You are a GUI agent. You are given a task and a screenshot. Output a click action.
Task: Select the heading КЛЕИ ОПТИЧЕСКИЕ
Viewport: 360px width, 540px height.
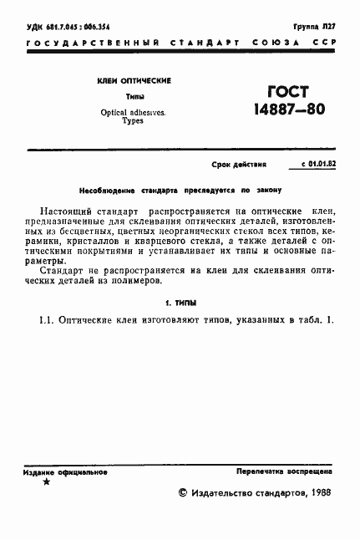(x=134, y=81)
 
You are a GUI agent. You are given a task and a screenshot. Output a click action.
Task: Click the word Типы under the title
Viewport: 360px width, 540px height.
(x=134, y=97)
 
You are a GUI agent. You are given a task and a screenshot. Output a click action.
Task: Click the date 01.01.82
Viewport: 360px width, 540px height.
(x=322, y=165)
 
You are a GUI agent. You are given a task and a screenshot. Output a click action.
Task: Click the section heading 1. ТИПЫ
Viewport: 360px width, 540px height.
(x=180, y=301)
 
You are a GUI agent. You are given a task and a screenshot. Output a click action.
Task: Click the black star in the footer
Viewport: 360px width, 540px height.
(x=46, y=482)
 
